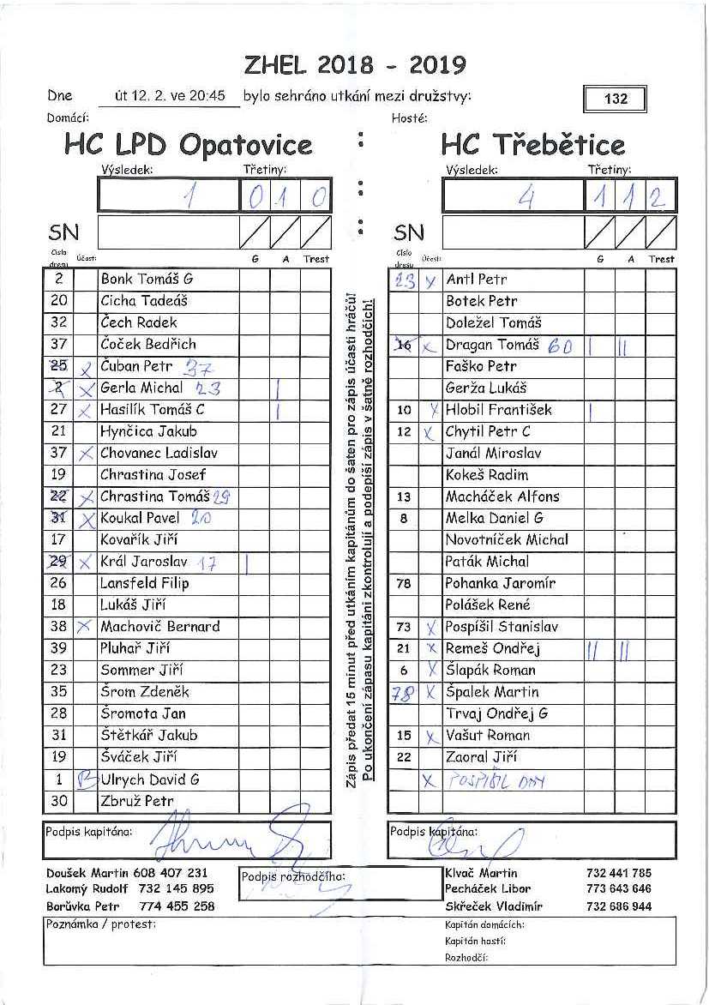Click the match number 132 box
pyautogui.click(x=615, y=99)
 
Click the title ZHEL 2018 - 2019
pyautogui.click(x=355, y=65)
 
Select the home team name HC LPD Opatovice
pyautogui.click(x=189, y=144)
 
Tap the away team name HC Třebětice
pyautogui.click(x=533, y=144)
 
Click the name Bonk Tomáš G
pyautogui.click(x=147, y=279)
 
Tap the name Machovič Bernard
pyautogui.click(x=159, y=626)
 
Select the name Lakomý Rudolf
pyautogui.click(x=87, y=888)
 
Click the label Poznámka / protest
pyautogui.click(x=99, y=924)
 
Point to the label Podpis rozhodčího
pyautogui.click(x=292, y=876)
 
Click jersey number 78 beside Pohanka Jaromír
pyautogui.click(x=404, y=583)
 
